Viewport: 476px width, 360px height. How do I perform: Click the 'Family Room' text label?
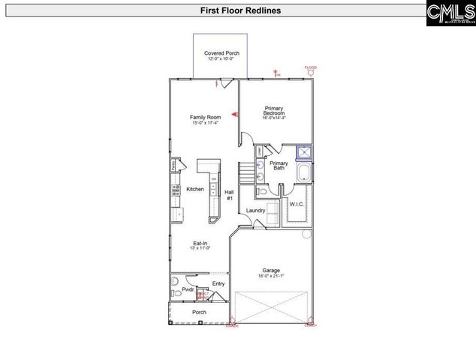pyautogui.click(x=203, y=118)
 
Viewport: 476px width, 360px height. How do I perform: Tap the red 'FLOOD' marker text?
pyautogui.click(x=310, y=67)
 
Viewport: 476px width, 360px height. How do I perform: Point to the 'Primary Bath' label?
pyautogui.click(x=279, y=166)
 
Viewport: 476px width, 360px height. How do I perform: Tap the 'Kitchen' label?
pyautogui.click(x=194, y=190)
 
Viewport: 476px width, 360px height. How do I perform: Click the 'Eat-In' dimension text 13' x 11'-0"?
pyautogui.click(x=200, y=247)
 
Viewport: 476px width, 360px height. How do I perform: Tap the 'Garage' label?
pyautogui.click(x=270, y=271)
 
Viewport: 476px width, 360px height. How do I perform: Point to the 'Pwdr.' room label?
pyautogui.click(x=188, y=289)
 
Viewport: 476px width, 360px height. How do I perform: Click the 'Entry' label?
pyautogui.click(x=218, y=283)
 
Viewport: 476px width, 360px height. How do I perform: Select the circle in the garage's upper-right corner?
pyautogui.click(x=306, y=235)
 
